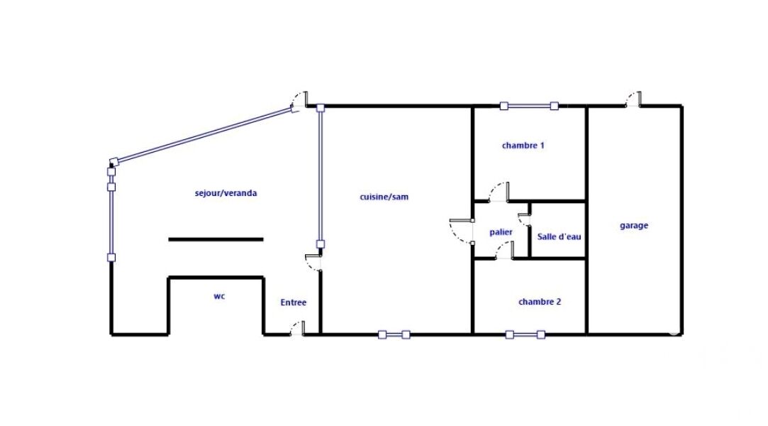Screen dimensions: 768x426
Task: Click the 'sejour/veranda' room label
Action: [x=226, y=193]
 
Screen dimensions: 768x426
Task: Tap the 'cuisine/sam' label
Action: [x=384, y=197]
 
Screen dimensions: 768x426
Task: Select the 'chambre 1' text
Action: [x=523, y=145]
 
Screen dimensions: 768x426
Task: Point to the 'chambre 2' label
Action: [x=540, y=302]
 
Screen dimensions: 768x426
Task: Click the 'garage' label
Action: [x=634, y=226]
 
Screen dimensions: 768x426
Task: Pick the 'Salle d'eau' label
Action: [x=559, y=236]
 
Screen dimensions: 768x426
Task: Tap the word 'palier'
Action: [x=501, y=232]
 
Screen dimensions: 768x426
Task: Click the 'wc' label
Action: [x=219, y=296]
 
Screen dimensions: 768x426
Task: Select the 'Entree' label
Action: [x=294, y=302]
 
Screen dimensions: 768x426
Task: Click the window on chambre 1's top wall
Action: [x=529, y=106]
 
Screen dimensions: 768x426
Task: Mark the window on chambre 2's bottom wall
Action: [x=525, y=335]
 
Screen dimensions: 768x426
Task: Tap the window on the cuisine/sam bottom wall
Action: [x=394, y=335]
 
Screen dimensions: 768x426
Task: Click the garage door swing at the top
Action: [x=633, y=99]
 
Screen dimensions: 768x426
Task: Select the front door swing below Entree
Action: [x=297, y=328]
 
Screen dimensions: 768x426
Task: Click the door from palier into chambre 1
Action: [x=499, y=192]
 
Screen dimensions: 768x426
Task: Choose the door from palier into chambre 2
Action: [x=504, y=250]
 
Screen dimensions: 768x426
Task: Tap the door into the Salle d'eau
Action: [x=524, y=215]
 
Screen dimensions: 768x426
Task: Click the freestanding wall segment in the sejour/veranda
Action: [x=216, y=239]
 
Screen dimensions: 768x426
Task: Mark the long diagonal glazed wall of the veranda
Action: [x=204, y=133]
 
